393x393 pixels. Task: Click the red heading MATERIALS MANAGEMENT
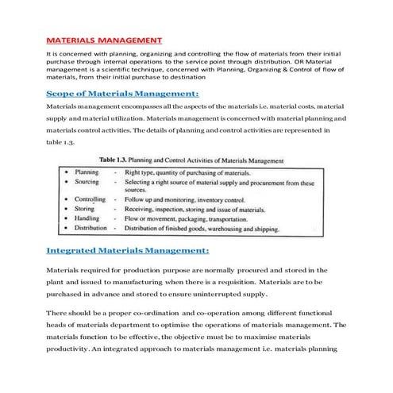(x=104, y=39)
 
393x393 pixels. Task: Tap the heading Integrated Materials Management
(x=128, y=250)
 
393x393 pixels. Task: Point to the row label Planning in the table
(x=87, y=172)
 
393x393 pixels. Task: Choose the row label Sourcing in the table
(x=87, y=182)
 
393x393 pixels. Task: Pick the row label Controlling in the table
(x=90, y=200)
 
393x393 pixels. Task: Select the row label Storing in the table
(x=86, y=210)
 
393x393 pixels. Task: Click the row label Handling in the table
(x=87, y=218)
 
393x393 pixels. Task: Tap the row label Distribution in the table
(x=91, y=228)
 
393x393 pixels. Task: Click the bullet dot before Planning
(x=65, y=172)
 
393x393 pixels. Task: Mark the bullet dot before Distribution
(x=65, y=228)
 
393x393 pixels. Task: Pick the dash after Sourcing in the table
(x=115, y=182)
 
